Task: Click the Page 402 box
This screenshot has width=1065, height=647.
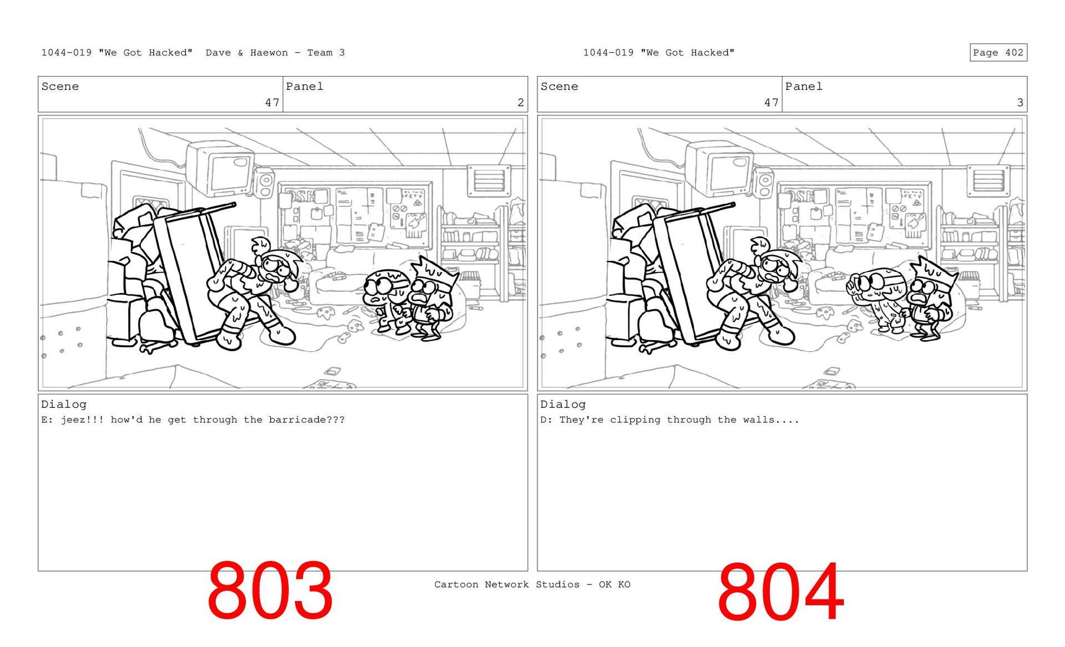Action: [x=998, y=52]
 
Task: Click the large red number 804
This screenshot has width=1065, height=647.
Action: [x=780, y=592]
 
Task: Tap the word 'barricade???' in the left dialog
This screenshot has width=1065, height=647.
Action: [x=307, y=419]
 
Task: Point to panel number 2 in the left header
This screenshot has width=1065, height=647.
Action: [x=520, y=102]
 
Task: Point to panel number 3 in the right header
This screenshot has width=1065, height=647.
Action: [x=1020, y=102]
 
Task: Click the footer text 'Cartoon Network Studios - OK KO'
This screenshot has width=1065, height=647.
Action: [x=532, y=584]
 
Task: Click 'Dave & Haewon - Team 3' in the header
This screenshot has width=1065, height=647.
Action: [x=275, y=53]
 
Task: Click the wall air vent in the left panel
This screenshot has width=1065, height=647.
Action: [x=488, y=180]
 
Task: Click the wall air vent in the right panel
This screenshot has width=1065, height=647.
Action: [x=987, y=180]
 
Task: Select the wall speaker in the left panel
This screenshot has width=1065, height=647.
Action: [x=265, y=183]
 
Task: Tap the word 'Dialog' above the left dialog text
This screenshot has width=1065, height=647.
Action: [x=64, y=405]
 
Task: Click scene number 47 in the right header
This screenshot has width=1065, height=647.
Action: [x=771, y=102]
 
